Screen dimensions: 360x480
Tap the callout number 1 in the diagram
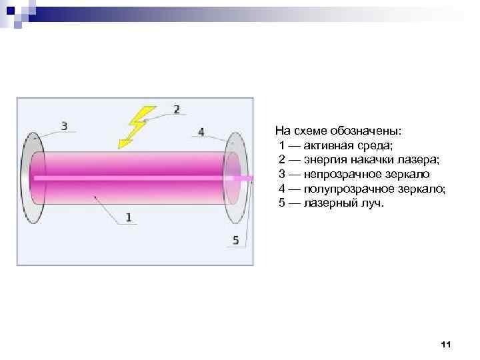[x=128, y=217]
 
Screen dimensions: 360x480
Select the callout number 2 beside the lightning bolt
[x=177, y=109]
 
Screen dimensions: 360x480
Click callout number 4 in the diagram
[x=202, y=131]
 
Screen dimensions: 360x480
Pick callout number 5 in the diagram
[x=235, y=241]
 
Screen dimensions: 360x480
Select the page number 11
[x=446, y=344]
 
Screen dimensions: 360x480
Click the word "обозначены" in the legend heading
[x=369, y=131]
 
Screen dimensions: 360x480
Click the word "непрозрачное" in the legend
[x=339, y=175]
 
